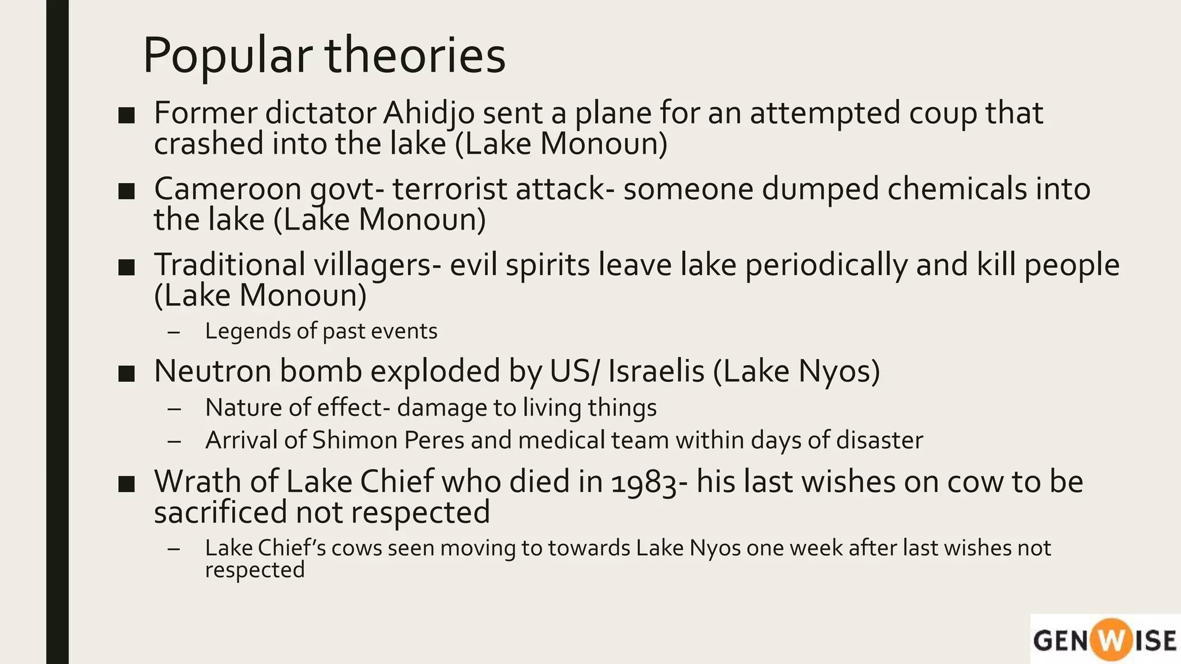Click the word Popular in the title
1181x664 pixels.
(227, 56)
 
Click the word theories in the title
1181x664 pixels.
(415, 55)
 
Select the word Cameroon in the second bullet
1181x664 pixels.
(227, 189)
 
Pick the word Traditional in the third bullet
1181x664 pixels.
(229, 265)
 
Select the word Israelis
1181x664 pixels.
(656, 371)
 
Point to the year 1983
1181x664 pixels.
(644, 482)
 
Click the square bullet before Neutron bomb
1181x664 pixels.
(126, 373)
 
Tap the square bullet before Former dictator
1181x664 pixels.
(126, 115)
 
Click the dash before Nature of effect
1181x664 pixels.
(174, 409)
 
